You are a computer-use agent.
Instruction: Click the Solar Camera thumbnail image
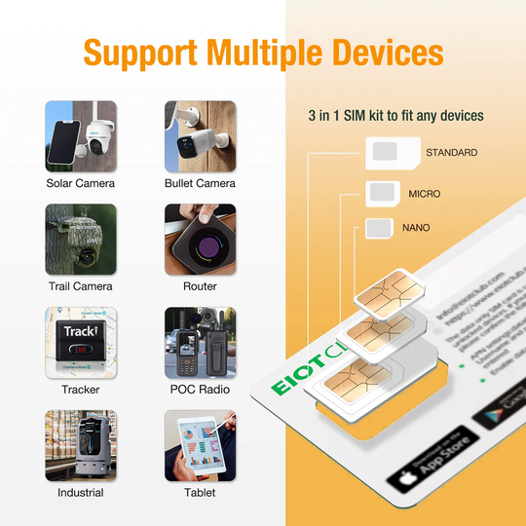(81, 135)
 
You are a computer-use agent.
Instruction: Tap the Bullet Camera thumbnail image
(200, 135)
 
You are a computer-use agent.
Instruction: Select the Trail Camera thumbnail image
(81, 239)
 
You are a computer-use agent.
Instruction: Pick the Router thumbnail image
(200, 239)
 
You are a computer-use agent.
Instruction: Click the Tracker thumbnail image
(81, 342)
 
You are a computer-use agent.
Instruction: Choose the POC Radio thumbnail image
(200, 342)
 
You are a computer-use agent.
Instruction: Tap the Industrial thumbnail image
(81, 445)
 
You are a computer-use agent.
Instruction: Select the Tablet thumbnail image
(200, 445)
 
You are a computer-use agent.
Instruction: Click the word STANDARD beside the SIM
(451, 153)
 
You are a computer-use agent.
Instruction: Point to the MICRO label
(425, 194)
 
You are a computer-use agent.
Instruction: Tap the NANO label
(416, 228)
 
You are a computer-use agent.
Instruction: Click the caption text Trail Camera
(81, 286)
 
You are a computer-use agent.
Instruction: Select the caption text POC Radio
(200, 390)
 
